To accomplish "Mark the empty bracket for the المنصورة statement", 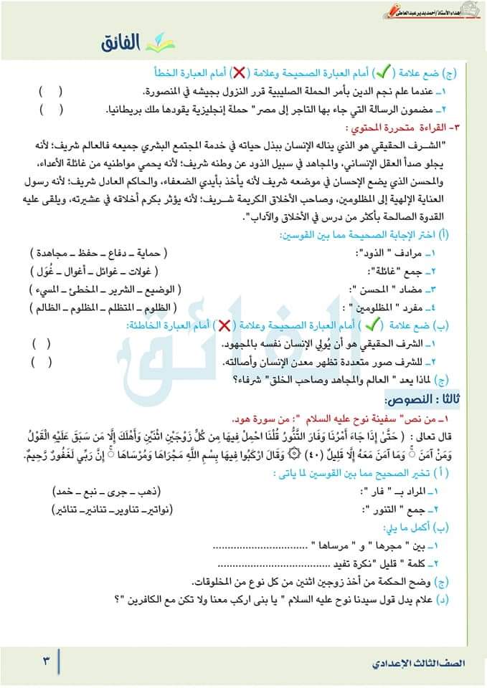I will (51, 92).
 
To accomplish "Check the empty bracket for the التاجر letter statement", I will (51, 110).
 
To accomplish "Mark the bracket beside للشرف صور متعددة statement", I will (42, 360).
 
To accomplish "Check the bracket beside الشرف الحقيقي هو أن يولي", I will (42, 343).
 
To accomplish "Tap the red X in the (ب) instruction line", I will (224, 325).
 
